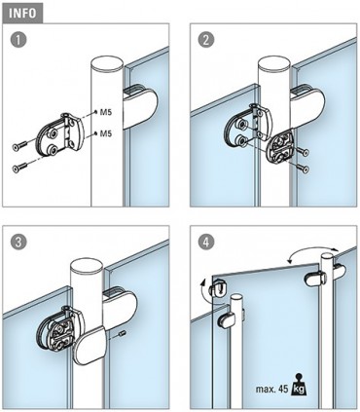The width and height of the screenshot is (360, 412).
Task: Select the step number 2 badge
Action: [x=204, y=41]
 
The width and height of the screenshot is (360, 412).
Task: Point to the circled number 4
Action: [x=204, y=239]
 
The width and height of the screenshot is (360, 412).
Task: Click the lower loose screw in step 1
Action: [x=24, y=168]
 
